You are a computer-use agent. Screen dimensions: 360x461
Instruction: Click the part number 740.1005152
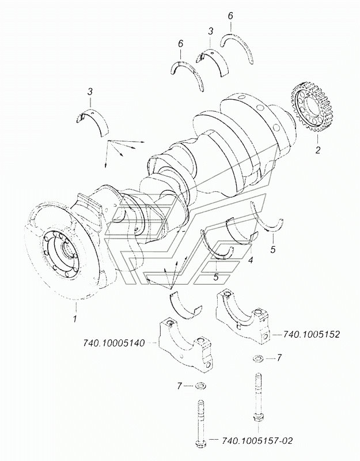pyautogui.click(x=311, y=335)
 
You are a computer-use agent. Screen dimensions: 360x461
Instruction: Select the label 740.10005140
pyautogui.click(x=114, y=343)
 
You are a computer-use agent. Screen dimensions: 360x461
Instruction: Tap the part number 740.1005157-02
pyautogui.click(x=257, y=441)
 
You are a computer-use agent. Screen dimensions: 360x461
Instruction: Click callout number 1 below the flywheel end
pyautogui.click(x=75, y=319)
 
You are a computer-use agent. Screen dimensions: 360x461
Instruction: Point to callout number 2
pyautogui.click(x=318, y=150)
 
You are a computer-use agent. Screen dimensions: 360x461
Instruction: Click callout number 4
pyautogui.click(x=251, y=260)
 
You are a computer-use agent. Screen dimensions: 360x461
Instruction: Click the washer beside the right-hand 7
pyautogui.click(x=258, y=358)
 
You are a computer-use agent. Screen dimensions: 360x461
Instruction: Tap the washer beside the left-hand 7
pyautogui.click(x=200, y=385)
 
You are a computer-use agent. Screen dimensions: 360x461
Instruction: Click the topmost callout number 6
pyautogui.click(x=230, y=16)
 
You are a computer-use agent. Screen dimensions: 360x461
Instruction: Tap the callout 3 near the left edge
pyautogui.click(x=90, y=92)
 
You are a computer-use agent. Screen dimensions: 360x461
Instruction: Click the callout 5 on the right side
pyautogui.click(x=273, y=250)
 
